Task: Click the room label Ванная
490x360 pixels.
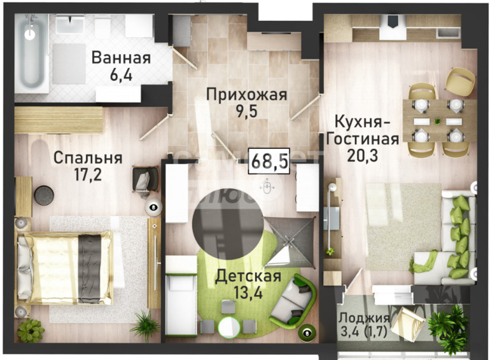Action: pos(121,58)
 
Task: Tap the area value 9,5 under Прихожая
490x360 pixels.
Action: pos(246,111)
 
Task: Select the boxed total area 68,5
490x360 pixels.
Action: pos(269,161)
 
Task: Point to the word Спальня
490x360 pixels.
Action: pos(88,158)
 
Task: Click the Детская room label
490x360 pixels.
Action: pos(248,276)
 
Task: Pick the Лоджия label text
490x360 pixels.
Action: pos(365,318)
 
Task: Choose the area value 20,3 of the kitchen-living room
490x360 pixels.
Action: pos(363,155)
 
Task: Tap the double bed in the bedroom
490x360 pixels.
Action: pos(65,267)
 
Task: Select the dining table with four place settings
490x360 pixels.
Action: pos(438,120)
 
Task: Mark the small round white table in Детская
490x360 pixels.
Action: pos(229,327)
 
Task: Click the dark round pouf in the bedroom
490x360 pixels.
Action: pos(44,195)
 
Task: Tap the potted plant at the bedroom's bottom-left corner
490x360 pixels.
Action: pos(31,331)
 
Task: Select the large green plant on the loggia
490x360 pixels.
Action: pos(448,326)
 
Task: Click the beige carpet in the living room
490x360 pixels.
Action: pos(403,226)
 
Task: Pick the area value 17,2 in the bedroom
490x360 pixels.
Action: pos(88,175)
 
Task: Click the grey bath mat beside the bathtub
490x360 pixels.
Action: pos(69,64)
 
